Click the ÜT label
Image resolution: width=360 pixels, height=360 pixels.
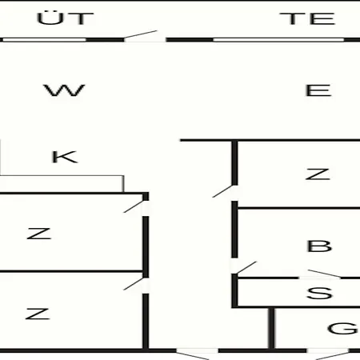pos(66,18)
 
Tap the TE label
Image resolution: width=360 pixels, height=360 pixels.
pos(307,18)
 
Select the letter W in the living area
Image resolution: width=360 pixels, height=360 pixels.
pos(64,90)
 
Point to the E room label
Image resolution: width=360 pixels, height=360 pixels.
pos(318,90)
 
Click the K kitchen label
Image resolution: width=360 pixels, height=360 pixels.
pos(65,157)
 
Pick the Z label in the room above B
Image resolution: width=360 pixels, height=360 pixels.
pos(318,174)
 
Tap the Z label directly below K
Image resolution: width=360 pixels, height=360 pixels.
pos(39,234)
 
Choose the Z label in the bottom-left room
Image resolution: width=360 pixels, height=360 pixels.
pos(38,314)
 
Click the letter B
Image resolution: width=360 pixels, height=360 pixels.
pos(319,246)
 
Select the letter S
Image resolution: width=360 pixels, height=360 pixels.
pos(319,293)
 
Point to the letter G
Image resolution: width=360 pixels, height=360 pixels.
pos(342,328)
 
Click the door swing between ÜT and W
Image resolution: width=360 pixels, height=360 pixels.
pos(141,34)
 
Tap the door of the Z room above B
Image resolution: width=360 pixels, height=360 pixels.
pos(222,191)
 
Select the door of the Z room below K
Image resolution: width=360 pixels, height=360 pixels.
pos(134,206)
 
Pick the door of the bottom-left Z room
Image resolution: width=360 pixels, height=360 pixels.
pos(134,284)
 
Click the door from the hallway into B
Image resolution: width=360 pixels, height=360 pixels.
pos(246,267)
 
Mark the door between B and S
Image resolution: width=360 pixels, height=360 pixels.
pos(324,274)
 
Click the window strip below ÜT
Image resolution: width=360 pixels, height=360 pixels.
pos(44,40)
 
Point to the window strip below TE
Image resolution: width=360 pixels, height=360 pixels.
pos(278,40)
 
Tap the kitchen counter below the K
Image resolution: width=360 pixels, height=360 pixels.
pos(62,184)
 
